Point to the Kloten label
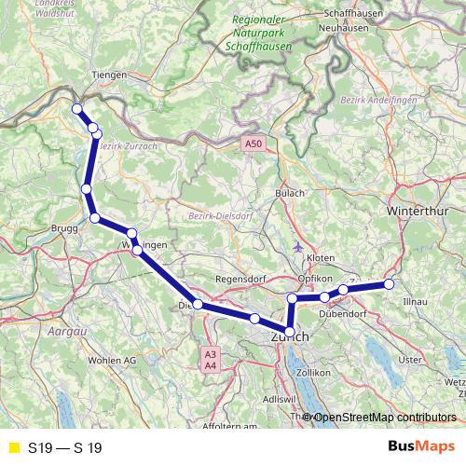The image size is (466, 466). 320,255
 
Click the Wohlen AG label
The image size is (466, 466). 111,360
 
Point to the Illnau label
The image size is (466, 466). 414,303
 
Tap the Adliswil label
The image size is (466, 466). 278,398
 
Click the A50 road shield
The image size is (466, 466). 254,144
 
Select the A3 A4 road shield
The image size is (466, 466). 211,360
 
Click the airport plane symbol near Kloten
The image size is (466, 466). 297,248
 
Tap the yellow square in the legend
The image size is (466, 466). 12,447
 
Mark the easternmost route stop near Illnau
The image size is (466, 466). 390,284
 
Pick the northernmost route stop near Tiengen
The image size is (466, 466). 76,108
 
